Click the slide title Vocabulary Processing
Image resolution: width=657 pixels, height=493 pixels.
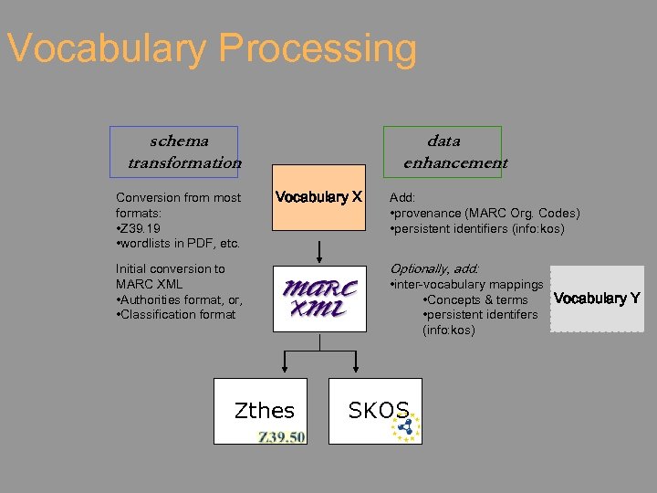[211, 48]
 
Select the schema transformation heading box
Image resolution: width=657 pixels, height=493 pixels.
[174, 152]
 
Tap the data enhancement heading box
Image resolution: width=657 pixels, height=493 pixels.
[443, 152]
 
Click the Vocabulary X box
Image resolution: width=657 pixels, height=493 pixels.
[319, 197]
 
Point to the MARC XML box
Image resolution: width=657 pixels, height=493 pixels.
[319, 299]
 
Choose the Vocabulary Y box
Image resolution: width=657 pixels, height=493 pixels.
[597, 299]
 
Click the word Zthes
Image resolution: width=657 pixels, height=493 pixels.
[265, 411]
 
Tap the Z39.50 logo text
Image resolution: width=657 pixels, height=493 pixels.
[281, 437]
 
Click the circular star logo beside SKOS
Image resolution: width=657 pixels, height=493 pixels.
[406, 426]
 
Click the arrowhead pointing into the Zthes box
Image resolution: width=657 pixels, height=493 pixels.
[285, 369]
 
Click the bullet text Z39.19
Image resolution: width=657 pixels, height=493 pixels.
[141, 227]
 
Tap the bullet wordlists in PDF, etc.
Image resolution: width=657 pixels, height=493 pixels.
[178, 243]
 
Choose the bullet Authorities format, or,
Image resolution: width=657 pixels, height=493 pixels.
[180, 299]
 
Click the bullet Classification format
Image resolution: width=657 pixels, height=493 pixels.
[176, 314]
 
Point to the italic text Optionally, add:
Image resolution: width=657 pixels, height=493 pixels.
[433, 268]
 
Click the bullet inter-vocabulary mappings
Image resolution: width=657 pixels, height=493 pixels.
[466, 285]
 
